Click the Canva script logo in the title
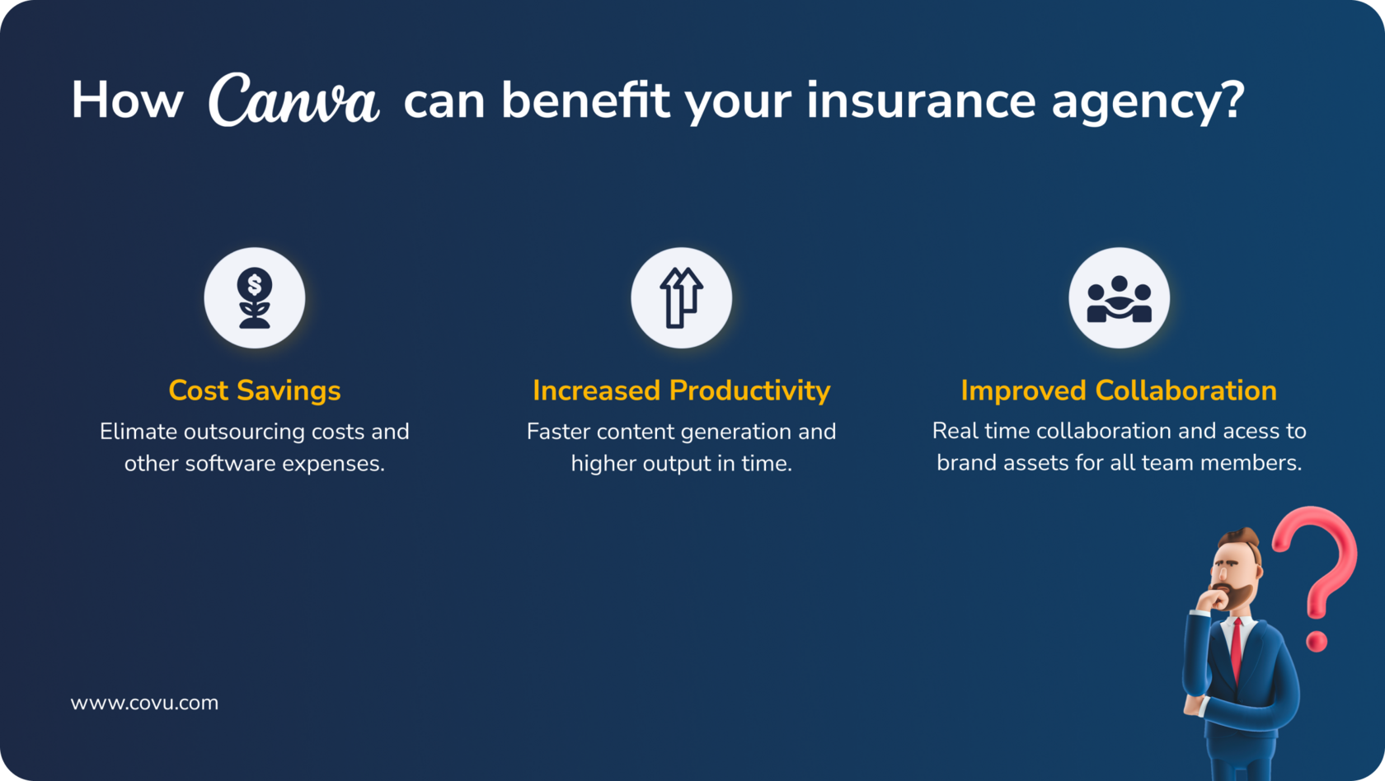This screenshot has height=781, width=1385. pos(293,100)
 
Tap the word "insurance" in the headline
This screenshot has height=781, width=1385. pos(921,101)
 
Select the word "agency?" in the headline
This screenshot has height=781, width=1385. pos(1148,102)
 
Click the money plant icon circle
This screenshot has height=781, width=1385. pos(255,298)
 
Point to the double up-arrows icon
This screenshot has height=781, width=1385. pos(681,298)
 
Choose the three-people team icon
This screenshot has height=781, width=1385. pos(1120,300)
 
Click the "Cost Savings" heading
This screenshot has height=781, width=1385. pos(255,390)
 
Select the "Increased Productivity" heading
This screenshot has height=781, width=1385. pos(681,390)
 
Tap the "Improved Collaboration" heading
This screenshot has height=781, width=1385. pos(1120,390)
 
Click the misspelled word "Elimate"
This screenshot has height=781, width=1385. pos(139,432)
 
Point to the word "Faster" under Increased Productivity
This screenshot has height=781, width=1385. pos(558,432)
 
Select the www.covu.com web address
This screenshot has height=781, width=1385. pos(144,704)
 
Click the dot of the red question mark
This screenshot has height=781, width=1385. pos(1317,641)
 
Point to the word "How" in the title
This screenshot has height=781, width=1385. pos(127,101)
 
